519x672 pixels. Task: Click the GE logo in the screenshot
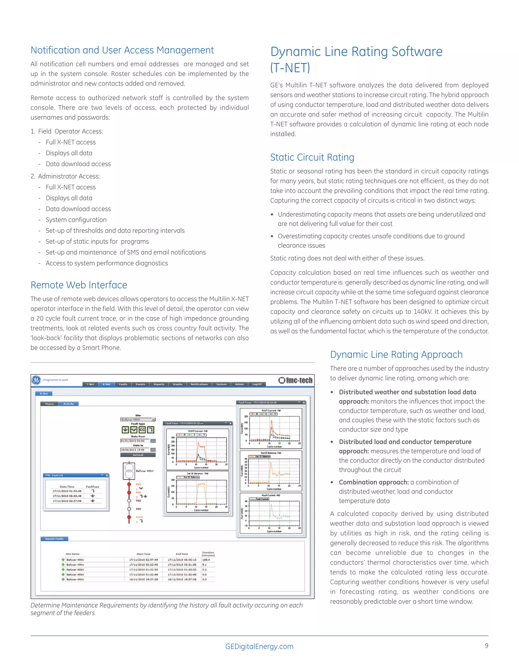point(36,380)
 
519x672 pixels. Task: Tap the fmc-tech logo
point(295,380)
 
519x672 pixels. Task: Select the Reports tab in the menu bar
point(159,384)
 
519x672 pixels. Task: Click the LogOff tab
point(257,384)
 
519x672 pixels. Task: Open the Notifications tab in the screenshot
point(199,384)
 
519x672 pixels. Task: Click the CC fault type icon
point(142,430)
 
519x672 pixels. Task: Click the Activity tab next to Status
point(69,404)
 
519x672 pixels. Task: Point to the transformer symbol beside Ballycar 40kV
point(128,471)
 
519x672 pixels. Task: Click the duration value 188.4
point(206,560)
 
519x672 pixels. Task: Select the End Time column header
point(182,554)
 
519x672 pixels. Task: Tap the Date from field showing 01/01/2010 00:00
point(135,441)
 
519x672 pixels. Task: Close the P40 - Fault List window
point(107,475)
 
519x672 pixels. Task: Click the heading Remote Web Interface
point(79,285)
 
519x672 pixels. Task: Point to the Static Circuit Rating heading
point(312,157)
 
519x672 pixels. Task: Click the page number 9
point(486,646)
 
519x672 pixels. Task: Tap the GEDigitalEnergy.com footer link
point(259,646)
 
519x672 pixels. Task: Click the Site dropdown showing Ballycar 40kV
point(138,419)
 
